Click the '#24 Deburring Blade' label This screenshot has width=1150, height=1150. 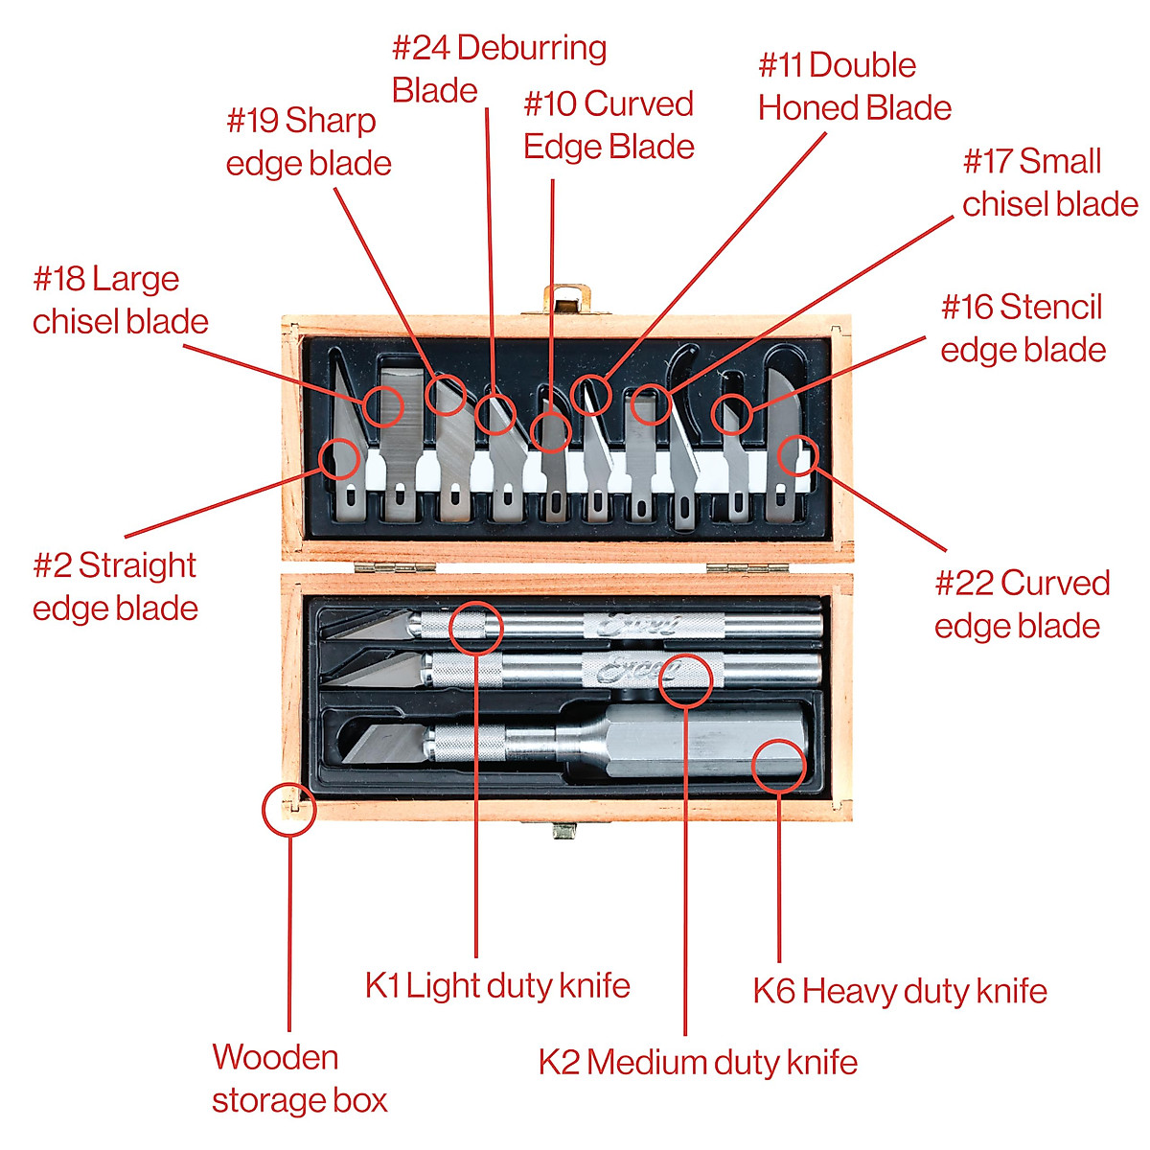[x=498, y=68]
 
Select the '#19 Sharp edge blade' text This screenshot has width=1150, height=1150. [x=309, y=142]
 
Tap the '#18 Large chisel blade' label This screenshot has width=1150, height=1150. [x=120, y=300]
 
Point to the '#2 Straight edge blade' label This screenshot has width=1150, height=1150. [x=115, y=586]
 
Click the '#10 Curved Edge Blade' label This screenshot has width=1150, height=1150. [x=609, y=125]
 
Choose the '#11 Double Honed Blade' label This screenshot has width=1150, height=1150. [x=854, y=86]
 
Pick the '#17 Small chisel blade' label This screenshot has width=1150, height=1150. [x=1049, y=182]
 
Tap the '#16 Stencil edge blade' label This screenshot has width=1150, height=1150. [x=1023, y=328]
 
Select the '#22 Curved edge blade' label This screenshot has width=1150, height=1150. [x=1021, y=604]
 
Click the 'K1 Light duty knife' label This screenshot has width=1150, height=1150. [x=497, y=985]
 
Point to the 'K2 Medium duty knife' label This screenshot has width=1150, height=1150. [x=698, y=1062]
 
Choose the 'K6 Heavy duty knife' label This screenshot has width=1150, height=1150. [x=899, y=990]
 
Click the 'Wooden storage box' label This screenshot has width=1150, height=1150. [x=299, y=1078]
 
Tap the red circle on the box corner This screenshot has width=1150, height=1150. [x=288, y=810]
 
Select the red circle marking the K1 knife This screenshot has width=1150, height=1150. [x=475, y=628]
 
